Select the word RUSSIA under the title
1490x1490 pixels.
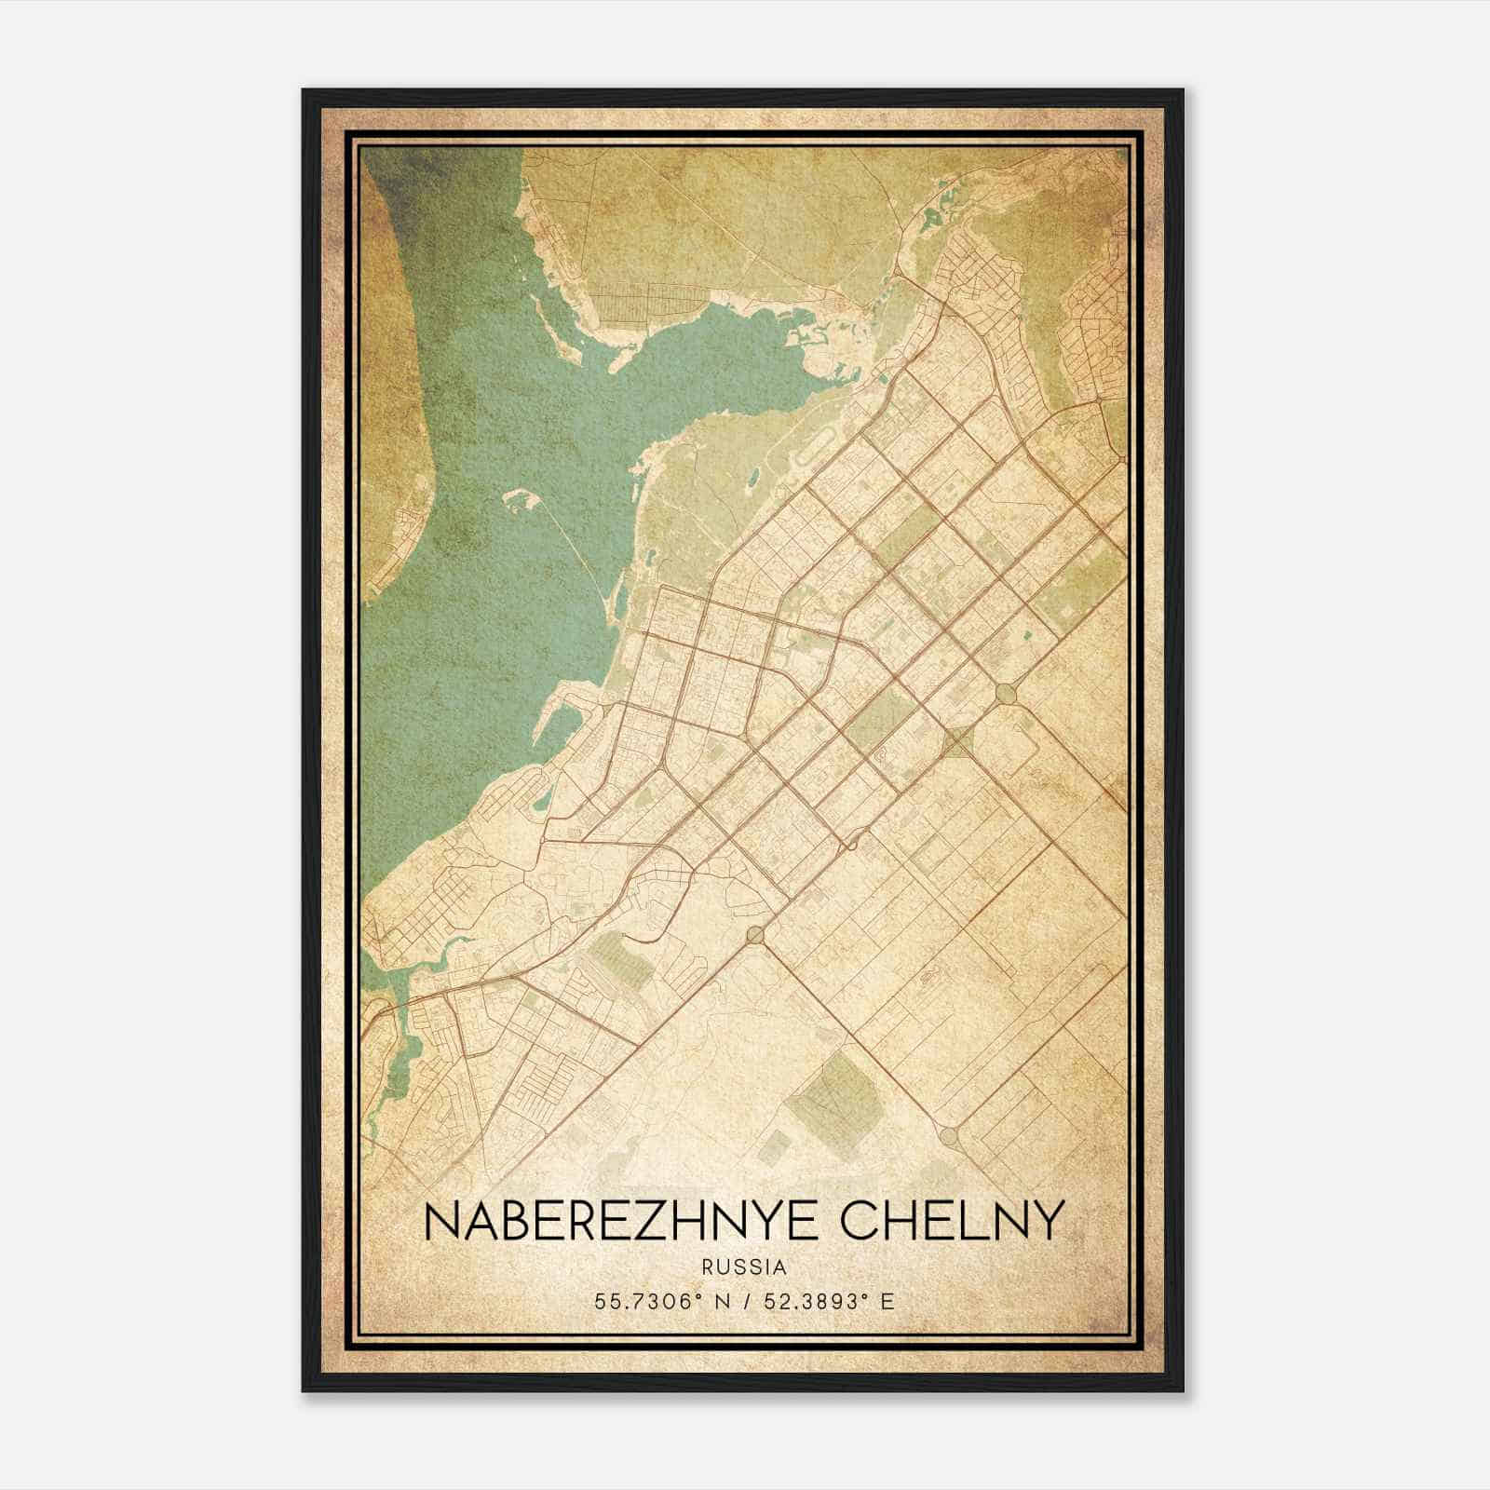point(745,1267)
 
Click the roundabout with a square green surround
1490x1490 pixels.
point(957,742)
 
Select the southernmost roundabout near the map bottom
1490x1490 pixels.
point(949,1135)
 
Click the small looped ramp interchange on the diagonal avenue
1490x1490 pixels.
point(850,844)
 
